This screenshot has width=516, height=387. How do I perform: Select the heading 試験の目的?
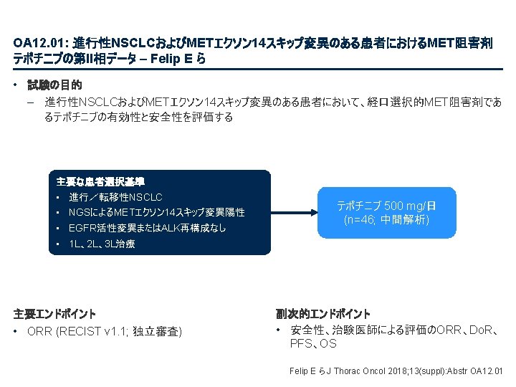click(x=54, y=85)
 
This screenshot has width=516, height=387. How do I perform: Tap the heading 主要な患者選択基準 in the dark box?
click(x=100, y=181)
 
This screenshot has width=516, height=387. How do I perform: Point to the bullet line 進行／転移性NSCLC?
click(x=115, y=196)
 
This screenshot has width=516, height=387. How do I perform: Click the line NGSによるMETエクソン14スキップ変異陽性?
click(x=156, y=212)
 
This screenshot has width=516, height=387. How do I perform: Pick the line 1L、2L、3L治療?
click(x=101, y=244)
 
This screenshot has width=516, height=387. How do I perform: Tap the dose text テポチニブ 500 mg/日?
click(x=386, y=206)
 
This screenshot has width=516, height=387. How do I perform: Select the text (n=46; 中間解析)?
click(x=386, y=219)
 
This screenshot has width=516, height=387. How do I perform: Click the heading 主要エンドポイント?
click(x=54, y=314)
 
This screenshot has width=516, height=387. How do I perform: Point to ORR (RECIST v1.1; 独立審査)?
click(x=104, y=331)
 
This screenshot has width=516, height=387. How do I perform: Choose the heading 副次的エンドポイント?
click(x=323, y=314)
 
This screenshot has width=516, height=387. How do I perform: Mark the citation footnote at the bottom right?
click(x=396, y=371)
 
